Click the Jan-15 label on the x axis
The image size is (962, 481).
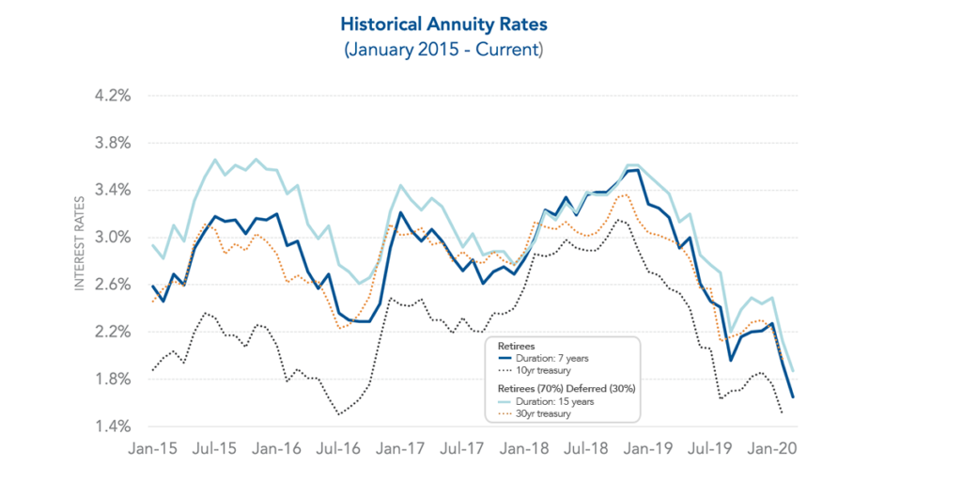(x=152, y=449)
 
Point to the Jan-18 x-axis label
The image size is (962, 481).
(x=517, y=449)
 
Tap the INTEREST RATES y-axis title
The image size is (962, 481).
(x=81, y=242)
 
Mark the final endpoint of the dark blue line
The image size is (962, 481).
(x=792, y=397)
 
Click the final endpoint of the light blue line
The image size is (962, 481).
(x=792, y=370)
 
